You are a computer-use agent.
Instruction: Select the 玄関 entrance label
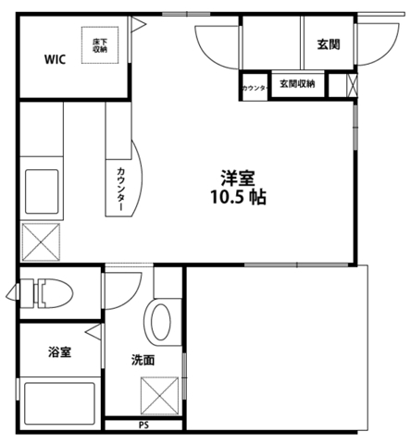pos(328,43)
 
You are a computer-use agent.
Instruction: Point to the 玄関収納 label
pos(297,84)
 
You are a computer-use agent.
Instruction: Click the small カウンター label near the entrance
pos(255,88)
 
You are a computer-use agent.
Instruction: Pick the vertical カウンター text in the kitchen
pos(122,190)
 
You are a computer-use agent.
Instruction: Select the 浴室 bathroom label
pos(61,351)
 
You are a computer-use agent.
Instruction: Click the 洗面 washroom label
pos(143,360)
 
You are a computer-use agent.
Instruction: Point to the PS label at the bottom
pos(143,425)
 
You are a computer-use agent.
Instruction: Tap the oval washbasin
pos(160,323)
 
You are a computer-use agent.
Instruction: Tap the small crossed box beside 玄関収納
pos(350,86)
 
